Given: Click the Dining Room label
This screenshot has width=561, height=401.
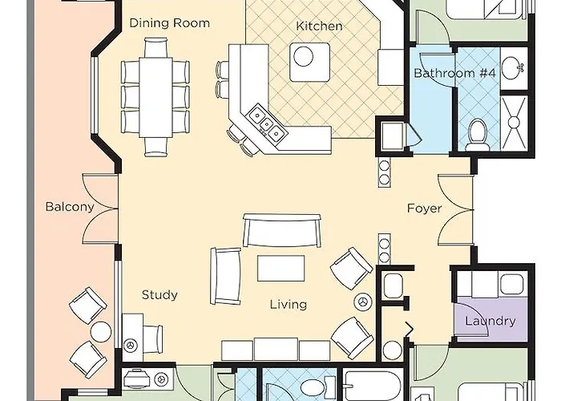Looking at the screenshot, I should click(170, 23).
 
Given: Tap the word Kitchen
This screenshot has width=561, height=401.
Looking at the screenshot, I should click(319, 26).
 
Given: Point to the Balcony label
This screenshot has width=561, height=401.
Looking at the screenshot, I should click(70, 207).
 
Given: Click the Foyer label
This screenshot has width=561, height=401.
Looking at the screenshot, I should click(424, 209).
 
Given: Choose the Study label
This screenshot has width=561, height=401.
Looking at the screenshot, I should click(159, 295).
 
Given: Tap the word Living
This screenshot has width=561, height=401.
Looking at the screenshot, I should click(288, 305).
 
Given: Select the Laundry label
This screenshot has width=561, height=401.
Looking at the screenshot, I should click(490, 322).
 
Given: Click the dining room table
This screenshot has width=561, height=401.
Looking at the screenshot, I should click(156, 95).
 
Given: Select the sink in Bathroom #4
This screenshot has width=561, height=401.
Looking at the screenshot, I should click(511, 65).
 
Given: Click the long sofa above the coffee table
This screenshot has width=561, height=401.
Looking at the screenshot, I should click(284, 231).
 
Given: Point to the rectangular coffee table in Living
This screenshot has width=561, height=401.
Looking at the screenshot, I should click(280, 268).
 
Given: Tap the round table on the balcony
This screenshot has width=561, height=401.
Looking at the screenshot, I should click(101, 331).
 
